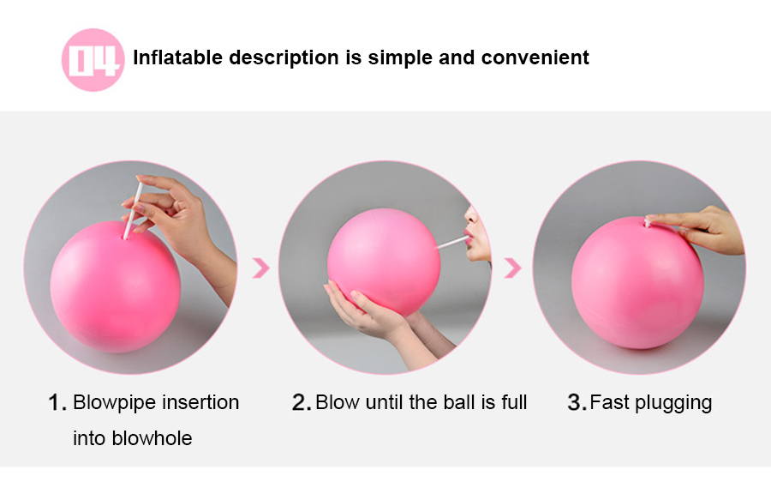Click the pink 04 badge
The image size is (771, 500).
point(93,60)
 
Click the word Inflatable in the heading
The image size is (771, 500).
point(178,57)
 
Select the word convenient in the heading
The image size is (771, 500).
point(535,57)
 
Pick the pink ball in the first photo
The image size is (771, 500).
point(116,286)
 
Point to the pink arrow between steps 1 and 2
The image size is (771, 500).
point(261,268)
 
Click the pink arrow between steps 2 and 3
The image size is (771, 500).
point(513,268)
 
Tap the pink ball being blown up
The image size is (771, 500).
point(384,262)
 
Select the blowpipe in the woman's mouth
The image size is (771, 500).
point(453,242)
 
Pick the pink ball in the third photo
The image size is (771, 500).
point(637,283)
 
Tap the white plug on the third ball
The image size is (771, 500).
point(648,222)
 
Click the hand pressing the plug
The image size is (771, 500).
point(698,229)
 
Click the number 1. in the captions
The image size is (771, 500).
point(57,402)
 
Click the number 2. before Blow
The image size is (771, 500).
point(302,402)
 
